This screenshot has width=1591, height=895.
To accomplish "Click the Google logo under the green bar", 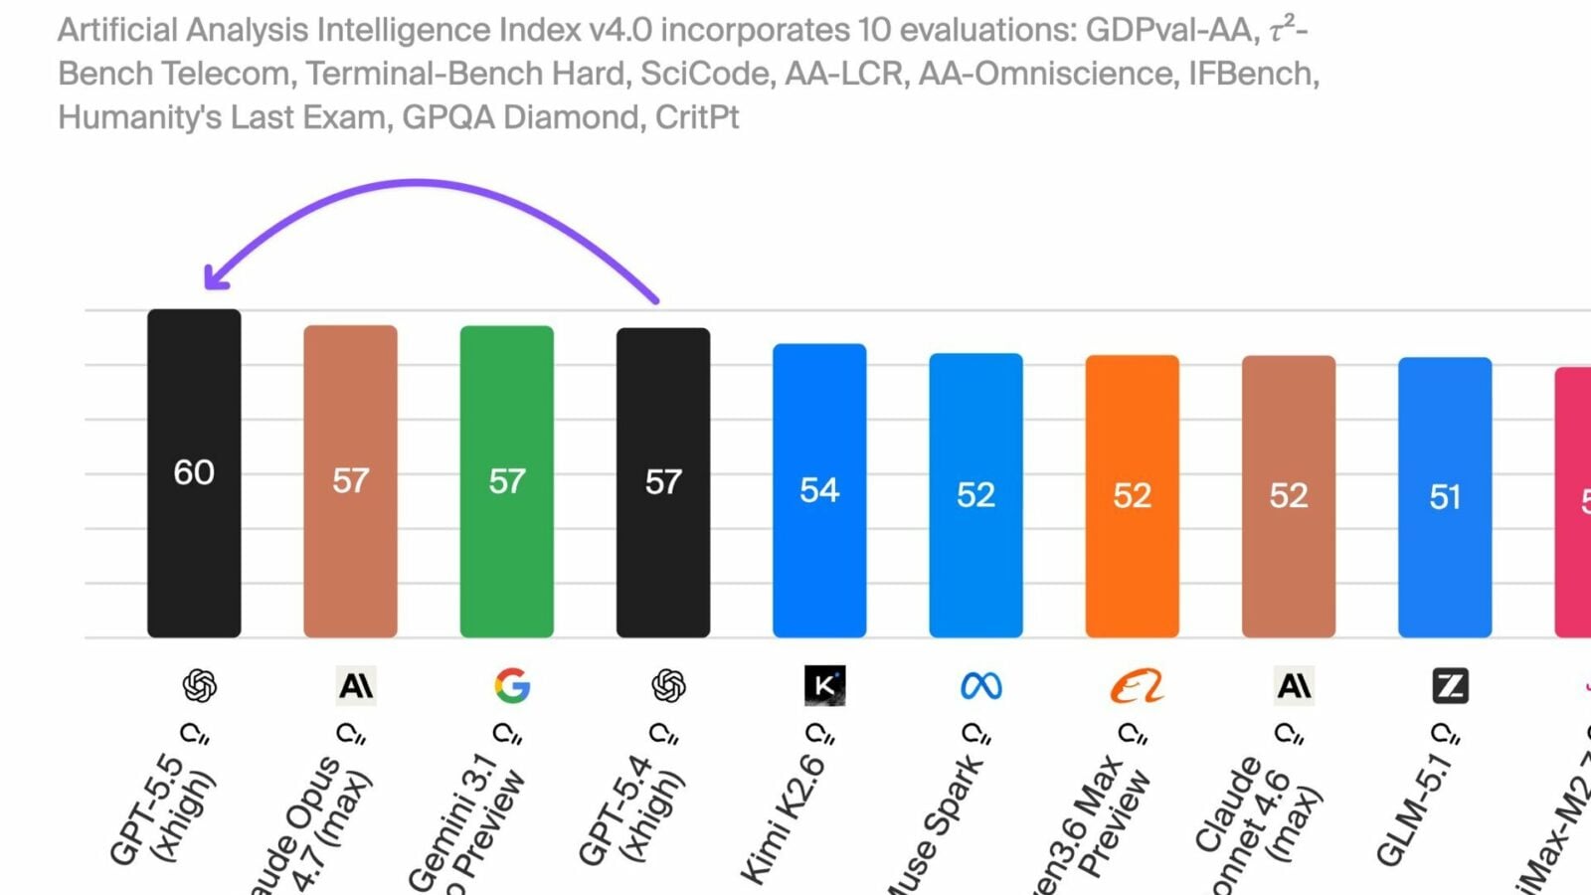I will (512, 686).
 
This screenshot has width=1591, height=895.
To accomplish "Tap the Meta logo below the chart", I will (981, 686).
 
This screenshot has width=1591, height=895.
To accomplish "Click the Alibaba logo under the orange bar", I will (1137, 686).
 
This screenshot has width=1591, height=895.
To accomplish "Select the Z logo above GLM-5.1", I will (1450, 686).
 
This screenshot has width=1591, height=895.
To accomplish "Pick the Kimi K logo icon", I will (824, 686).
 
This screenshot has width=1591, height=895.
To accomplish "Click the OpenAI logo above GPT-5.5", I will (200, 686).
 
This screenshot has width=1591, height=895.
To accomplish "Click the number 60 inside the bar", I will (194, 472).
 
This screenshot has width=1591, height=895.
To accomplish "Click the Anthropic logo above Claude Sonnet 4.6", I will (1294, 686).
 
